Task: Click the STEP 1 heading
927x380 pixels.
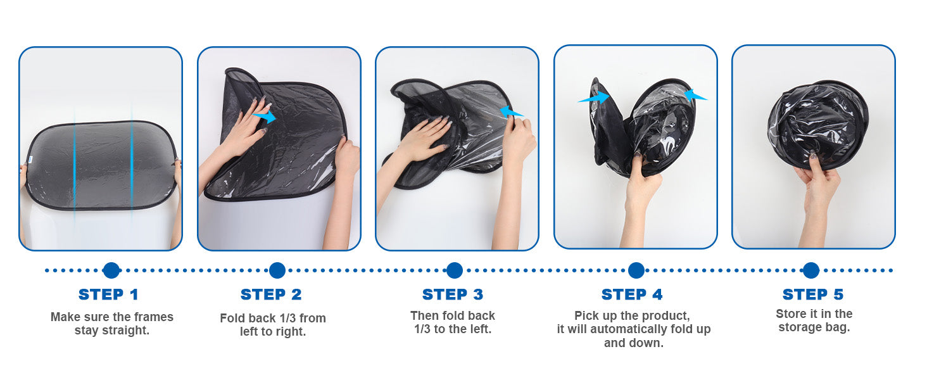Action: [108, 294]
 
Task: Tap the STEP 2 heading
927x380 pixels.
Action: [271, 294]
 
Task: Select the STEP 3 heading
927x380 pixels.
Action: [453, 294]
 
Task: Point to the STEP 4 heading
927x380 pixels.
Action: [632, 294]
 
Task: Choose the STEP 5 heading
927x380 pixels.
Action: [813, 294]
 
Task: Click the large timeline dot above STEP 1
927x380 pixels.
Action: [111, 270]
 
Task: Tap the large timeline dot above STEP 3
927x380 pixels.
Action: [455, 270]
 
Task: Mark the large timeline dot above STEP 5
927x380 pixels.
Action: [811, 270]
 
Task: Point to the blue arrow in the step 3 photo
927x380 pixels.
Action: [512, 111]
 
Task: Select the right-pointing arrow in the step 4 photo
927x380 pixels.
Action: [595, 98]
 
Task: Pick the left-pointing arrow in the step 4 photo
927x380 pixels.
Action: [695, 96]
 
